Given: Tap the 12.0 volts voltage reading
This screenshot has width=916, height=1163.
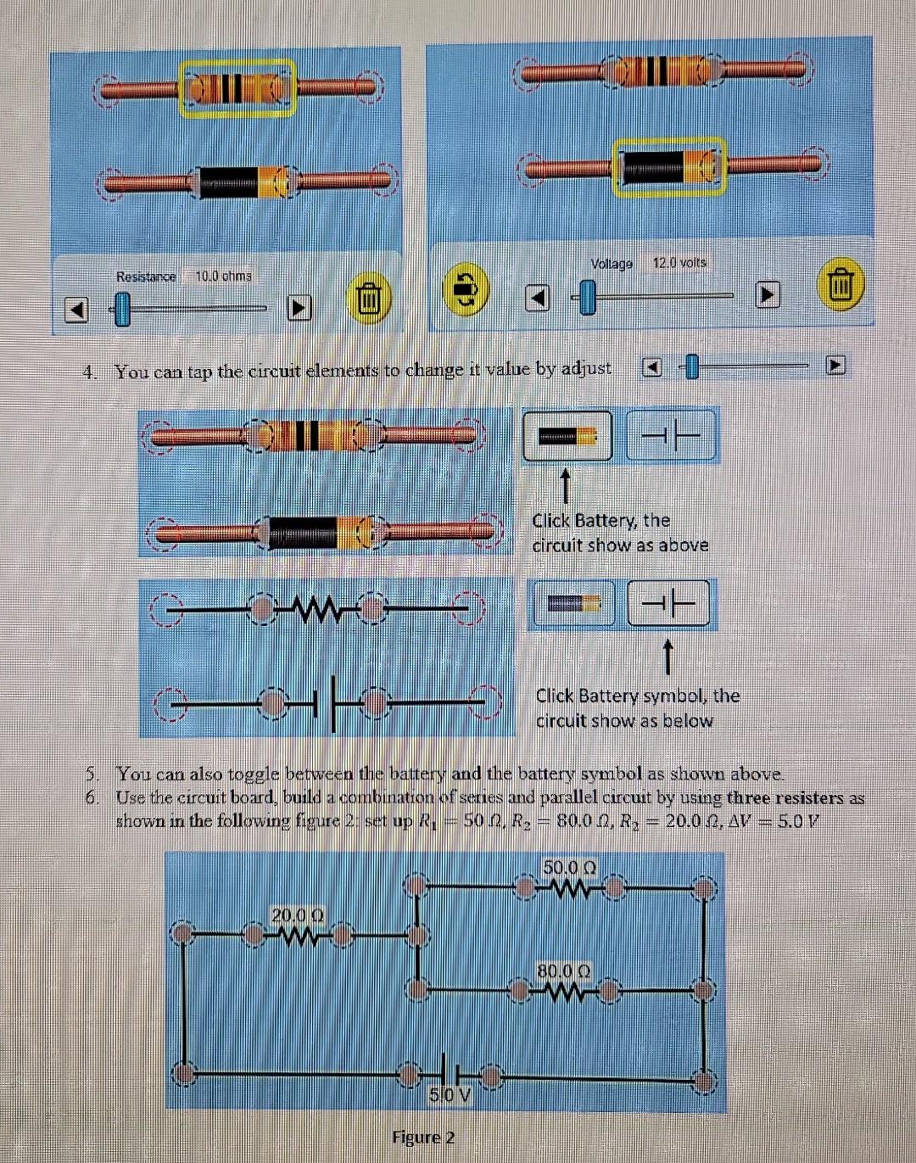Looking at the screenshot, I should point(679,263).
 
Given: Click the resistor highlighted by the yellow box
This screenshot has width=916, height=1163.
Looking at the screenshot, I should point(237,87).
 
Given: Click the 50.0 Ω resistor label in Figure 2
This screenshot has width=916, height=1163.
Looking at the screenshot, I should point(570,868).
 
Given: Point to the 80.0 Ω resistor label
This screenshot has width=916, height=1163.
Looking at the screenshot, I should point(564,970).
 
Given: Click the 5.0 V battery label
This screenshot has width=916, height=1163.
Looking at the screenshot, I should point(450,1095).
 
